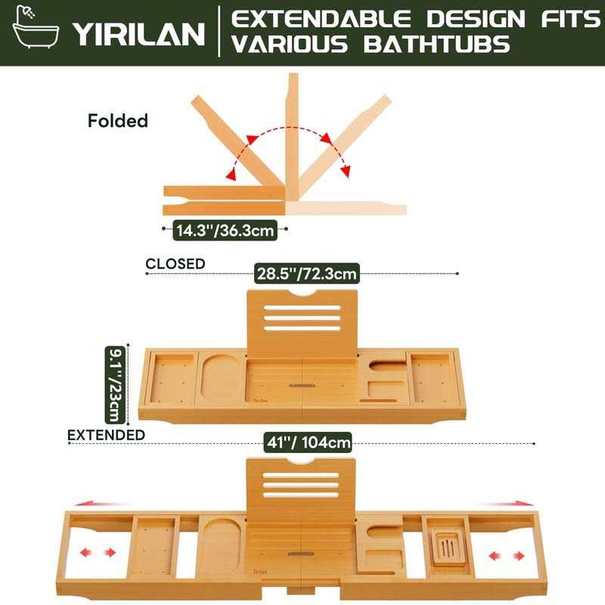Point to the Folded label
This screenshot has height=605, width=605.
[x=118, y=120]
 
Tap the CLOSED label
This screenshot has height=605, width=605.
[x=175, y=264]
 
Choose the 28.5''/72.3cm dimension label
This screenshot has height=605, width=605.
[x=306, y=274]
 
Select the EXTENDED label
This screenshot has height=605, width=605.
[x=106, y=435]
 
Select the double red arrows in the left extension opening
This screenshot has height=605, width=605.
[x=100, y=553]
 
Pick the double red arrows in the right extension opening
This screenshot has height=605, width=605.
[x=506, y=556]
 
